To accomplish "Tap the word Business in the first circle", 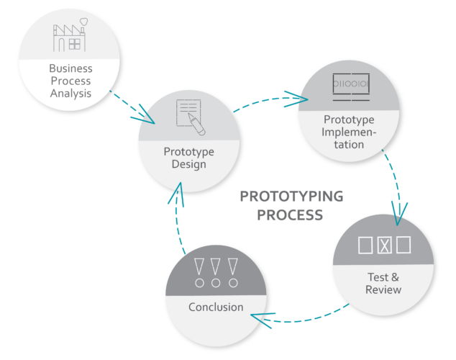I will tap(70, 69).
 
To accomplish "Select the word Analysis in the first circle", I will tap(70, 94).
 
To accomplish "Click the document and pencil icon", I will tap(188, 117).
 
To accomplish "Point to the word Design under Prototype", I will tap(188, 164).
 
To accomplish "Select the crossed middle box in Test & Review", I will tap(385, 245).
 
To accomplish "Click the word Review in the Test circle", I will tap(383, 289).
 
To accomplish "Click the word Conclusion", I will tap(215, 307).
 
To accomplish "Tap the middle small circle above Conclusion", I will tap(215, 283).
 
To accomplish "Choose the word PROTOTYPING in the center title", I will tap(291, 197).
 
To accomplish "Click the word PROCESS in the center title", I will tap(291, 215).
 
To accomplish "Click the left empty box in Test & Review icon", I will tap(366, 245).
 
